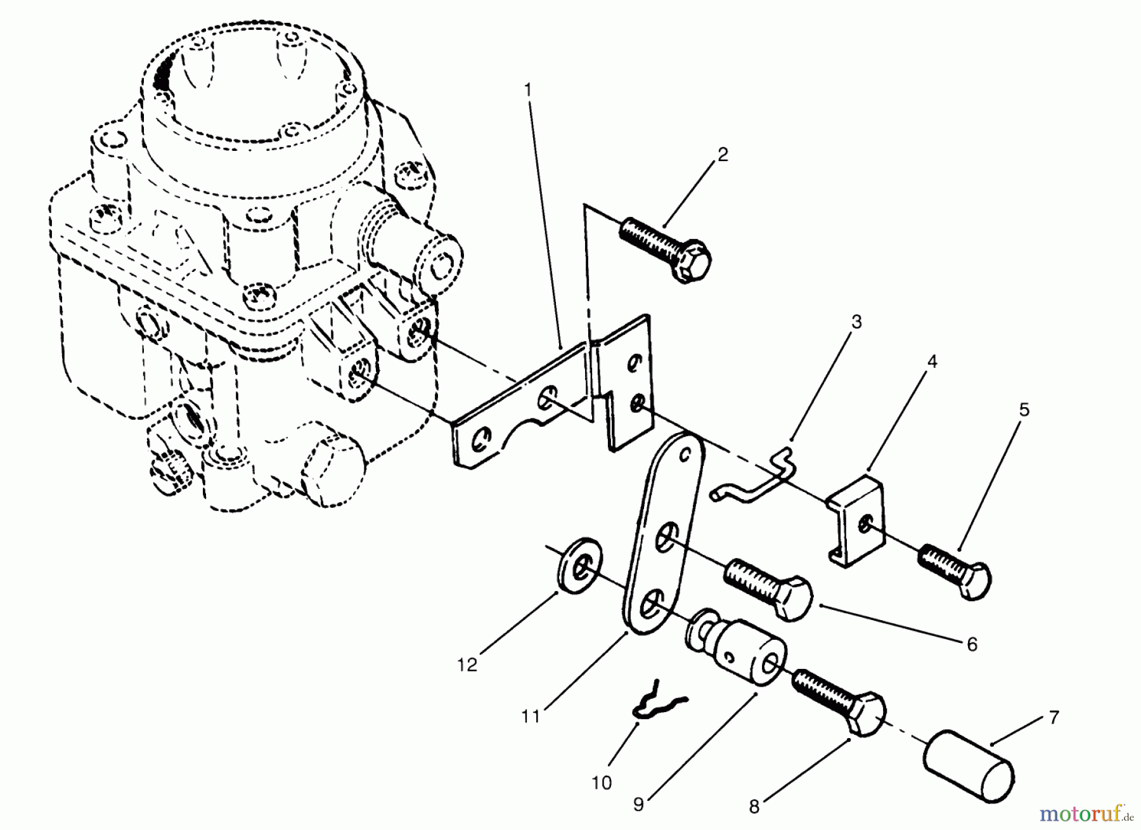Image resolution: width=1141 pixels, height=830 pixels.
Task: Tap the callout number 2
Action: [x=723, y=154]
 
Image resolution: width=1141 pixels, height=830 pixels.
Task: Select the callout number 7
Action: [x=1054, y=718]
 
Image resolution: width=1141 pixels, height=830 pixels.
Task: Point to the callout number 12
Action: [x=467, y=665]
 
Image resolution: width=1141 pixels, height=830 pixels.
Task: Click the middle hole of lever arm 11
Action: [x=665, y=538]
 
